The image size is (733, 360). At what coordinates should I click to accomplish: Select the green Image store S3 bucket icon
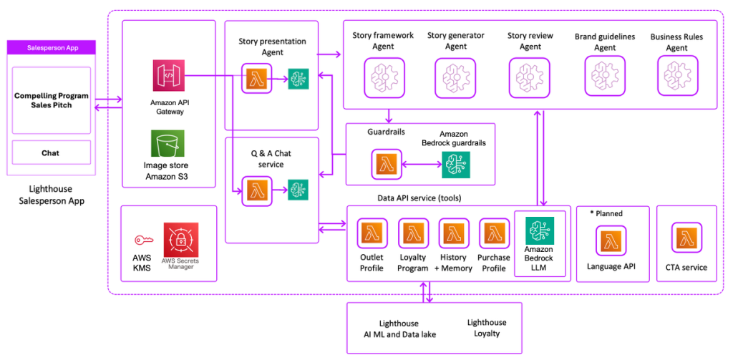coord(168,143)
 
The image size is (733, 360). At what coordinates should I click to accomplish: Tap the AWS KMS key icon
coord(143,240)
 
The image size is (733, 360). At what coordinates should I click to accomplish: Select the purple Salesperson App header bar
coord(51,48)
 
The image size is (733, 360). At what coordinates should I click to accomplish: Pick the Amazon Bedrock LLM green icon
coord(539,231)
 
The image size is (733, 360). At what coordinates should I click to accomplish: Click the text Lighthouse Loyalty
coord(486,328)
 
